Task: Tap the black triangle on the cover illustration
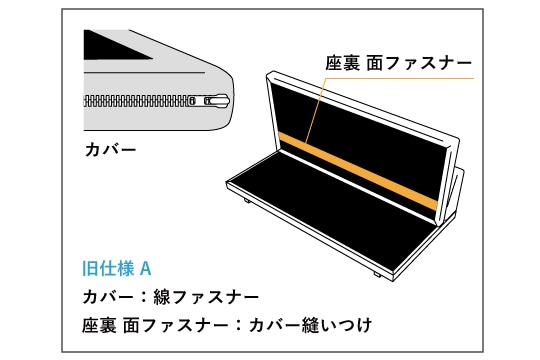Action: pyautogui.click(x=110, y=47)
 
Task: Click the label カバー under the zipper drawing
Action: pyautogui.click(x=111, y=150)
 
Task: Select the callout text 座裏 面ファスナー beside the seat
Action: pyautogui.click(x=398, y=64)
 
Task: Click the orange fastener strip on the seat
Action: pyautogui.click(x=358, y=171)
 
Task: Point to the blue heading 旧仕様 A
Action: pyautogui.click(x=117, y=269)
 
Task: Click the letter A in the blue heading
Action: pyautogui.click(x=146, y=269)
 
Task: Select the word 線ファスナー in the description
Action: pyautogui.click(x=206, y=297)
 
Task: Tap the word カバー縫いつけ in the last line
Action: pyautogui.click(x=310, y=326)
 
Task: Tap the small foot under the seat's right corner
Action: pyautogui.click(x=377, y=275)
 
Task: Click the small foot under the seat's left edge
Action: pyautogui.click(x=248, y=200)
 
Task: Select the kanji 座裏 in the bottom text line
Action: pyautogui.click(x=99, y=326)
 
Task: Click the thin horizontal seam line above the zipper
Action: pyautogui.click(x=145, y=73)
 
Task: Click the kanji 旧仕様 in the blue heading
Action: pyautogui.click(x=108, y=269)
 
